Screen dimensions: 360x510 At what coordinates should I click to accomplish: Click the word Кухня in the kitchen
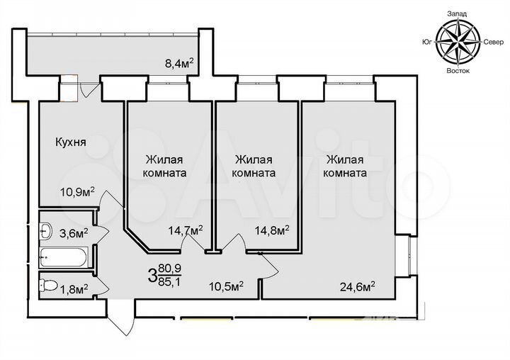(x=71, y=142)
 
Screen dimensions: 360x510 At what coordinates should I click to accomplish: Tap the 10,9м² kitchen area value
(x=77, y=191)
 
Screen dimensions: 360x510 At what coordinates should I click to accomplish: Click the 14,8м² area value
(x=271, y=230)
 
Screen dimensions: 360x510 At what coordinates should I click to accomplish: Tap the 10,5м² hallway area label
(x=227, y=286)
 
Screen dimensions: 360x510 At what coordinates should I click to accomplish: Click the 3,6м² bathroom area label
(x=73, y=232)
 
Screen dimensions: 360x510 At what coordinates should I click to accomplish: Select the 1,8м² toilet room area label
(x=73, y=288)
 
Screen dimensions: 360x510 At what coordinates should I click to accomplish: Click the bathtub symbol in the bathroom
(x=65, y=257)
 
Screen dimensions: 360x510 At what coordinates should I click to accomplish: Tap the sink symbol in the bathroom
(x=46, y=230)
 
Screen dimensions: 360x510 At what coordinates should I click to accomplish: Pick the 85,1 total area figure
(x=169, y=281)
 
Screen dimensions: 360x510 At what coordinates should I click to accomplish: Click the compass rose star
(x=458, y=42)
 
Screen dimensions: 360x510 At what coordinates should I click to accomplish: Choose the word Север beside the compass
(x=494, y=43)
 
